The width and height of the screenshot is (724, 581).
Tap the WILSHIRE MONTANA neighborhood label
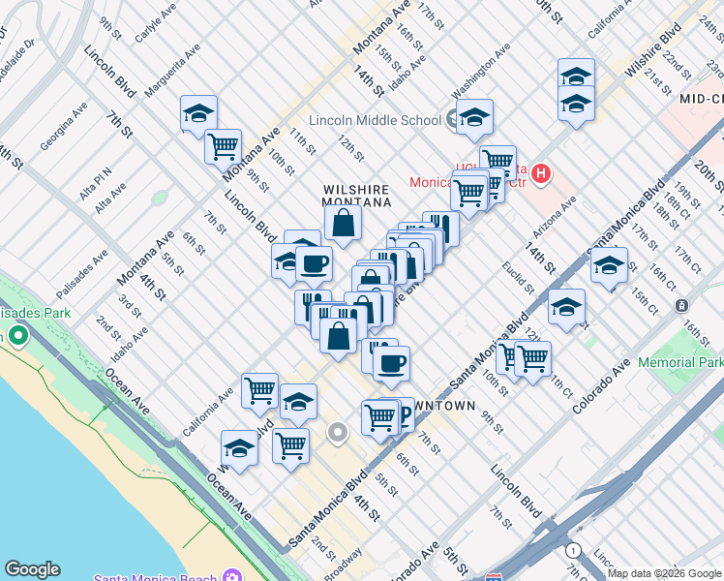pos(356,196)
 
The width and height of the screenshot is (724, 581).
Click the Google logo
pos(32,569)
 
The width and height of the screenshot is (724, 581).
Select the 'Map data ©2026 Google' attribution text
pos(665,573)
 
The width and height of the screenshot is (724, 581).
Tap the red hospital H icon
pos(541,174)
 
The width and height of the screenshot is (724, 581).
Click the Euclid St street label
pos(518,276)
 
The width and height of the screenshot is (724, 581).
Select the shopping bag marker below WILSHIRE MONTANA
pos(343,224)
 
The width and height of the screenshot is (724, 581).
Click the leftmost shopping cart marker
pos(223,146)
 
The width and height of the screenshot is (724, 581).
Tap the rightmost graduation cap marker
pos(609,265)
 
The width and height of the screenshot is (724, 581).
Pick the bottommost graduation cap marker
pos(239,448)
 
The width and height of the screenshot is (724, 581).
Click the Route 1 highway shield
pos(574,550)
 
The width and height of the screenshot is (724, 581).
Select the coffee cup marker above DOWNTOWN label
pos(391,364)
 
